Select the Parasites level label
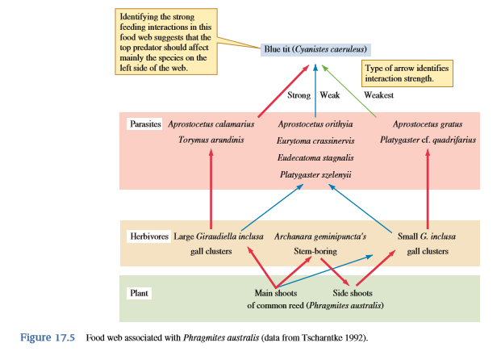click(x=146, y=124)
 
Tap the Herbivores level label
click(x=149, y=237)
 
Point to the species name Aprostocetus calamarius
click(x=211, y=124)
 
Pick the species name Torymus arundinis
click(x=211, y=140)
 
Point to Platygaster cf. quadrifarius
click(x=428, y=140)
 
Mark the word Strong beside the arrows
click(x=299, y=95)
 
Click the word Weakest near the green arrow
click(x=378, y=95)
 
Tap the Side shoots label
click(x=353, y=293)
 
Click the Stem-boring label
click(x=315, y=251)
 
